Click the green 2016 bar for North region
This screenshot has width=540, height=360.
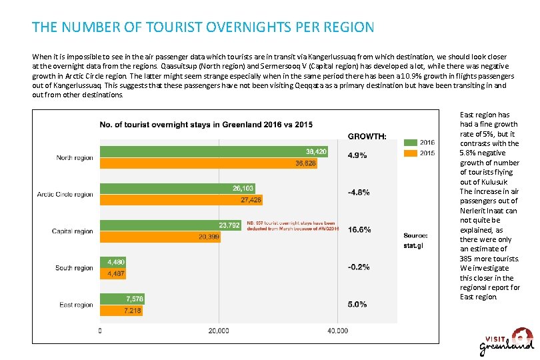click(x=213, y=152)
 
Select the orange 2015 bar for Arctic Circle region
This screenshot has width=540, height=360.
click(x=181, y=199)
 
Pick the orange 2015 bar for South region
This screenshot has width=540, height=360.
click(x=113, y=273)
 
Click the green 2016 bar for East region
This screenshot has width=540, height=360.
click(x=122, y=299)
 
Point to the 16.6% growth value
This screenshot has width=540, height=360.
click(x=359, y=229)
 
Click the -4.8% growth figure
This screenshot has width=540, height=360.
click(x=359, y=193)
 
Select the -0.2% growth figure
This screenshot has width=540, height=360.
click(x=359, y=267)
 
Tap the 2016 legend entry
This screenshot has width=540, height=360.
click(x=420, y=142)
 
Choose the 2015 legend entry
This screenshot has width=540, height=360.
click(x=420, y=153)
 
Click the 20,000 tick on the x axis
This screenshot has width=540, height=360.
click(x=219, y=331)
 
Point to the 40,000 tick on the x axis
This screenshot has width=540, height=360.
click(x=337, y=331)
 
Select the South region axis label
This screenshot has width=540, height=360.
click(x=74, y=268)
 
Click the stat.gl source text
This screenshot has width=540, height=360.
click(x=413, y=245)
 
